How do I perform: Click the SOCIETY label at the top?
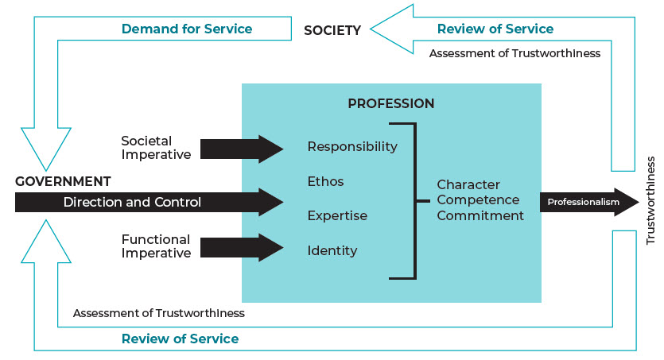[332, 31]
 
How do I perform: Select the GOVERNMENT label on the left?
[63, 181]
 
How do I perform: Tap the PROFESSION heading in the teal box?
[391, 104]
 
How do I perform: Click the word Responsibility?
[352, 147]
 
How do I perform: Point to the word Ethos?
[326, 182]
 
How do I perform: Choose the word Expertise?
[337, 216]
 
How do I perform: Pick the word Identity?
[332, 251]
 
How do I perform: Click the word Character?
[468, 185]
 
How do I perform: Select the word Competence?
[478, 200]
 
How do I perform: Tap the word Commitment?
[480, 215]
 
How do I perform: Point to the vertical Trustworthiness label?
[650, 201]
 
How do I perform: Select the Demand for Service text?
[187, 29]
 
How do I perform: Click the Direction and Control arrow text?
[133, 203]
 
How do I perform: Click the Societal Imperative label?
[157, 148]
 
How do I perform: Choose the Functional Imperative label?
[156, 246]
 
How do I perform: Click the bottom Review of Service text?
[180, 339]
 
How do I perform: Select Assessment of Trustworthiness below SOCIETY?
[515, 54]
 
